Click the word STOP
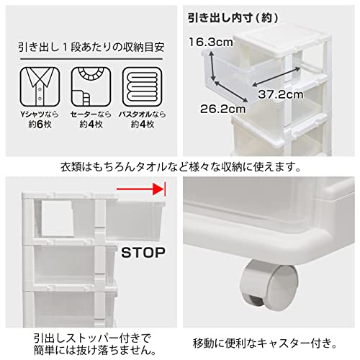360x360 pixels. pyautogui.click(x=143, y=253)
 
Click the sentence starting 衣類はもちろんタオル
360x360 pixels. pyautogui.click(x=179, y=167)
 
